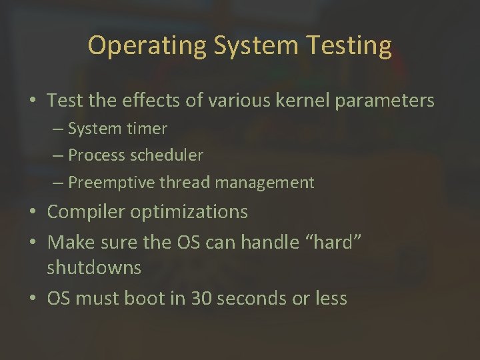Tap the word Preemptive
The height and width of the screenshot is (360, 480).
pyautogui.click(x=110, y=182)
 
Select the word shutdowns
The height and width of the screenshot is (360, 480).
pyautogui.click(x=94, y=268)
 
